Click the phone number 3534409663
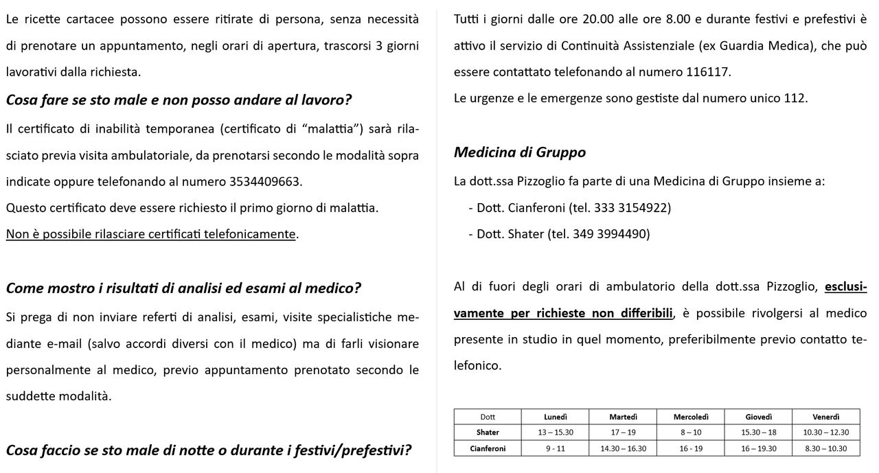point(264,182)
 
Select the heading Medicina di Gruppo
point(519,152)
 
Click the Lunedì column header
point(555,417)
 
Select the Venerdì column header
point(825,417)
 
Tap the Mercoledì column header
point(690,417)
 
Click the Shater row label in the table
point(488,432)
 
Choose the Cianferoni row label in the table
point(488,448)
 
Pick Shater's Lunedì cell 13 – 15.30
point(555,432)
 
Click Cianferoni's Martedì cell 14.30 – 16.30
point(623,448)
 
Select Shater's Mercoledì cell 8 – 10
point(690,432)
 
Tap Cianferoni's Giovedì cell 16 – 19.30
point(758,448)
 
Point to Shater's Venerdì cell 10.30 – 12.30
point(825,432)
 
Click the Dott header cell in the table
point(488,417)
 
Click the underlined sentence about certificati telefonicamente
point(151,234)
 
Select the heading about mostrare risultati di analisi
point(183,288)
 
